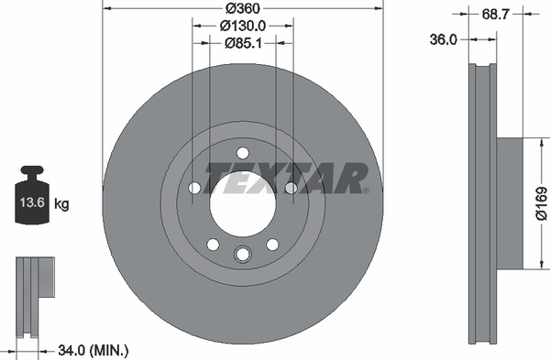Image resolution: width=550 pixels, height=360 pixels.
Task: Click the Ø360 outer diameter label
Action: (242, 8)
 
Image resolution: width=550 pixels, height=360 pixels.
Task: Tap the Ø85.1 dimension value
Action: (242, 42)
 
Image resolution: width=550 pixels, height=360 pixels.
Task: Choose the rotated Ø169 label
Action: (541, 203)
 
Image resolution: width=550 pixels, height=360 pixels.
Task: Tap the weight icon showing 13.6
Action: (32, 195)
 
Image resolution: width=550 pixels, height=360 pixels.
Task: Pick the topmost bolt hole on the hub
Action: (242, 153)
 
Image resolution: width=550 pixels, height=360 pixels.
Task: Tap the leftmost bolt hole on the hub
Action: (194, 188)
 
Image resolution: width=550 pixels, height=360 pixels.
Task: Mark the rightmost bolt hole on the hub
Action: (291, 188)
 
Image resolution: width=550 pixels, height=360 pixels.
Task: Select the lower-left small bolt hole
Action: (213, 244)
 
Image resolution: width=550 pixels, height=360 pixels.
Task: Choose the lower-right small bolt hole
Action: (272, 244)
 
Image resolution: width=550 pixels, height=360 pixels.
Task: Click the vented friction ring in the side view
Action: (482, 203)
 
